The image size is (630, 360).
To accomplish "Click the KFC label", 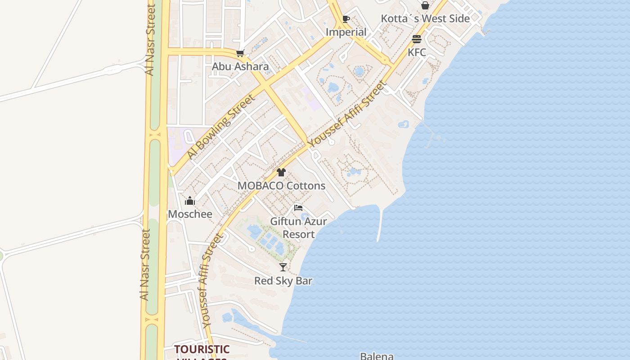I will click(x=417, y=52).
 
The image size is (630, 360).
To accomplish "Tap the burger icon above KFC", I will click(x=417, y=39).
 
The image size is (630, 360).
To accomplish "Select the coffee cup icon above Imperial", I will click(x=346, y=19).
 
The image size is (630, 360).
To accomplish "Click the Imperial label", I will click(x=346, y=32).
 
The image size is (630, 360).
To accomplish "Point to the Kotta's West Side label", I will click(x=425, y=18).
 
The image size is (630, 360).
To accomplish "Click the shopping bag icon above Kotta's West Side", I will click(x=425, y=5).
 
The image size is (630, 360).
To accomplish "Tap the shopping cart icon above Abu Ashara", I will click(x=240, y=54).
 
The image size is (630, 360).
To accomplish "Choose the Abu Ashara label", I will click(x=240, y=67).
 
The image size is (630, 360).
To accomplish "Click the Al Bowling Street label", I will click(x=221, y=126).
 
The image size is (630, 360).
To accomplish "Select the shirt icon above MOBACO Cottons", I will click(x=281, y=172).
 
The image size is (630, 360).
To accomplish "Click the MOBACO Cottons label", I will click(x=281, y=185).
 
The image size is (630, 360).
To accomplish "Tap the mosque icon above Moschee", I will click(x=190, y=201).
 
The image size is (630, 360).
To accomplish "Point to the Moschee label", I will click(x=190, y=214).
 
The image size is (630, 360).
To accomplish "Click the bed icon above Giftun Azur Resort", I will click(x=298, y=208).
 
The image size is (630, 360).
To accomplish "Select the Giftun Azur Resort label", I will click(x=298, y=228).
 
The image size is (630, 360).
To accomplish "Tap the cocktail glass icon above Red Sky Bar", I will click(x=283, y=267).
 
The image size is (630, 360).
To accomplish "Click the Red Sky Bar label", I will click(x=283, y=281).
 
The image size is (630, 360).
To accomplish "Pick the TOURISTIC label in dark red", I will click(x=202, y=349).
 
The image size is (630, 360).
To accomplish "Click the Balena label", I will click(x=377, y=356).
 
